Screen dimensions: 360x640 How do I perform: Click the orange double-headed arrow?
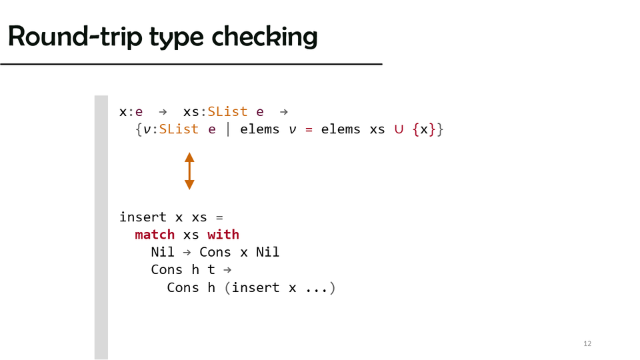point(189,171)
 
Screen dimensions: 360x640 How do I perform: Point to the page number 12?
point(587,344)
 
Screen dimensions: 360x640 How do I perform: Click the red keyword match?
point(155,235)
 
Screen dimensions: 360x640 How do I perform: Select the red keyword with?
point(223,235)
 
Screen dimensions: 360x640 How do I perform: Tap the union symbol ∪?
point(399,129)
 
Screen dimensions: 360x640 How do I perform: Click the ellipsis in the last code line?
point(313,288)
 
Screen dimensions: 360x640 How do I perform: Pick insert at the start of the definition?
point(143,217)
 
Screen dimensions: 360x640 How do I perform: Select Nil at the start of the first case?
point(163,253)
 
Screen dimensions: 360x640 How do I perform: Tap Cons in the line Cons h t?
point(167,270)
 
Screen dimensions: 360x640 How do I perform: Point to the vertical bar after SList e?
point(228,129)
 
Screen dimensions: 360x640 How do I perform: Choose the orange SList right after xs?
point(227,111)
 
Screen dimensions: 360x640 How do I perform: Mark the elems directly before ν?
point(259,129)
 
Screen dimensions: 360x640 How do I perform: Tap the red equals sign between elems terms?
point(309,129)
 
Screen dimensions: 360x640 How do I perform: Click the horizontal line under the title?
point(191,64)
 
